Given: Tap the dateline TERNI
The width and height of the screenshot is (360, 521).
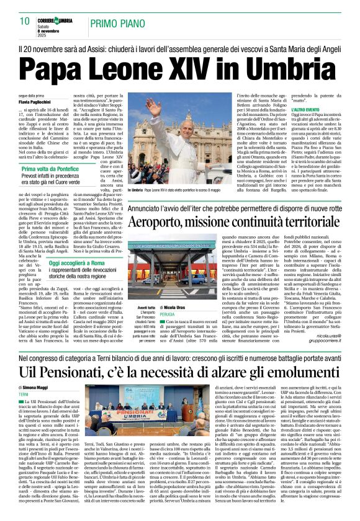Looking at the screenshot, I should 24,394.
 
